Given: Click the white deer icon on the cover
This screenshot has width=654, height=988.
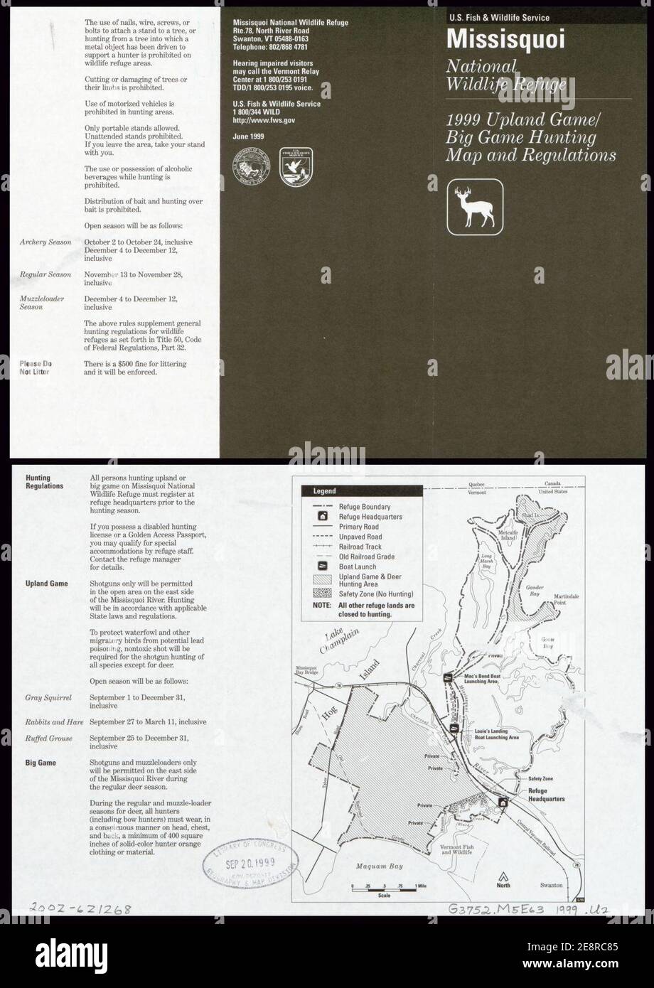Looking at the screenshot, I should [476, 207].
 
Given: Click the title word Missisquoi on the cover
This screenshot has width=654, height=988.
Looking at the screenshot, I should [505, 39].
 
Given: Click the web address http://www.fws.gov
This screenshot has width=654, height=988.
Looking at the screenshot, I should [264, 121].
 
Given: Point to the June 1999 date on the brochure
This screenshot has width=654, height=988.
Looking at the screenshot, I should [248, 136].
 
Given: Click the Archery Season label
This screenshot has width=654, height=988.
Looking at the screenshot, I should [45, 242].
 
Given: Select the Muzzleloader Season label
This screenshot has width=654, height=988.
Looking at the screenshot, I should [41, 303].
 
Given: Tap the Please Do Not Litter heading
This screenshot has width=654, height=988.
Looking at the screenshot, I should [36, 367].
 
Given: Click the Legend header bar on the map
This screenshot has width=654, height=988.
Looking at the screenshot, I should [362, 490].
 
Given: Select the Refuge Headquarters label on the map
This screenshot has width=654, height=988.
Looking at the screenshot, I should [546, 795].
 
